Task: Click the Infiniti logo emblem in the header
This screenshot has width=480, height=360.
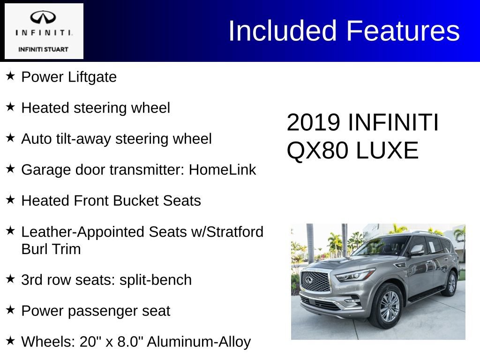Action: tap(43, 18)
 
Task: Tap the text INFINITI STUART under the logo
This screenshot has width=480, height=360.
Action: tap(43, 49)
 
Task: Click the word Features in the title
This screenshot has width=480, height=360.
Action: tap(403, 31)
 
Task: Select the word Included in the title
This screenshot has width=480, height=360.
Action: tap(283, 31)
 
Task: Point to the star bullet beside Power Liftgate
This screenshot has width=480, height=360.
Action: tap(11, 75)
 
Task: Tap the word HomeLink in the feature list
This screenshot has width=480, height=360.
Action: tap(222, 170)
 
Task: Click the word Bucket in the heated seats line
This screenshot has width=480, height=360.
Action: tap(136, 201)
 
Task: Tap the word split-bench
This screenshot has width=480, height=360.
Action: tap(156, 280)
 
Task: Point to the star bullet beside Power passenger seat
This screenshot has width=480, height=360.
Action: tap(11, 309)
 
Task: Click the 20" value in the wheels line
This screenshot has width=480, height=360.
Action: tap(87, 342)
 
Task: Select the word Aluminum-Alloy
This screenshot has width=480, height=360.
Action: tap(199, 342)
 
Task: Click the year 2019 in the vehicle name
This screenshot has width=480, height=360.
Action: tap(313, 123)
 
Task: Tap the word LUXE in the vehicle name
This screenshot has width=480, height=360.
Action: tap(387, 150)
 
